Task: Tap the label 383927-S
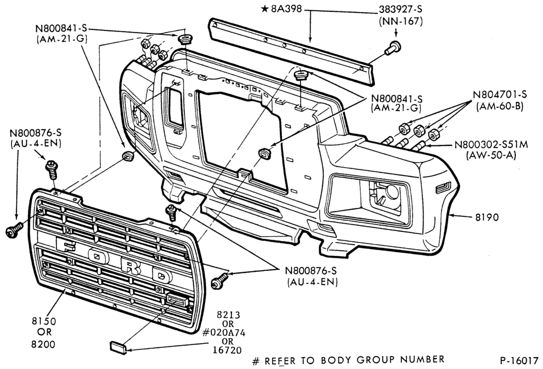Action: [x=400, y=9]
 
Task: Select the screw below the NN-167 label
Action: [x=393, y=48]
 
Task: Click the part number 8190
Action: [x=487, y=218]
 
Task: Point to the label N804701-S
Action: [x=500, y=94]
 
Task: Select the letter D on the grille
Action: [x=162, y=276]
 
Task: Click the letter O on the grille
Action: [x=97, y=256]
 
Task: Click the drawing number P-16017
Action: [x=519, y=360]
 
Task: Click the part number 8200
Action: [x=43, y=344]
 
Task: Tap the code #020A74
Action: [x=224, y=333]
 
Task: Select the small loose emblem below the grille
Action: [x=118, y=347]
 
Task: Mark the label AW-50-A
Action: [x=491, y=155]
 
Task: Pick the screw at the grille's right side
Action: [x=220, y=281]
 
